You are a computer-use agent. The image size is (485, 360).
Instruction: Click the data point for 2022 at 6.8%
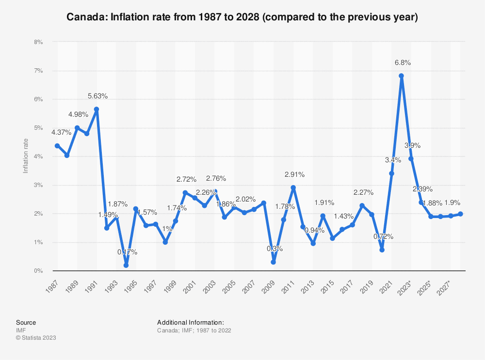[401, 76]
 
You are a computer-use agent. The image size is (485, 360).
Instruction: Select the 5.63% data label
[97, 96]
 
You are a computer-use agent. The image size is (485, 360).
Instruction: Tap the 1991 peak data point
[97, 110]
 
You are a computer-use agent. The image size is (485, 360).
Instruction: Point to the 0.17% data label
[127, 252]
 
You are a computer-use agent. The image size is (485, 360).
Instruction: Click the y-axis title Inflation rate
[26, 157]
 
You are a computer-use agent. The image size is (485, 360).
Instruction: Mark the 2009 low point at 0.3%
[274, 262]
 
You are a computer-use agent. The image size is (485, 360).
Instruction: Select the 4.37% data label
[58, 132]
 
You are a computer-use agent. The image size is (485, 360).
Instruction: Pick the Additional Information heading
[191, 322]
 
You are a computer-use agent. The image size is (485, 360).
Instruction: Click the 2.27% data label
[363, 192]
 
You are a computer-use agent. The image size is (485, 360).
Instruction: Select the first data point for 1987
[57, 146]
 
